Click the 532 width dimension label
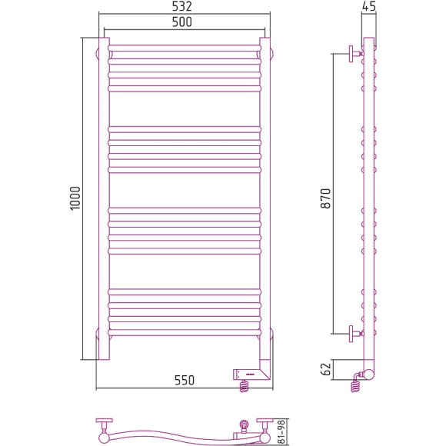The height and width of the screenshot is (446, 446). pyautogui.click(x=182, y=6)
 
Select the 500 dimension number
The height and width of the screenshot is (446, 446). pyautogui.click(x=182, y=22)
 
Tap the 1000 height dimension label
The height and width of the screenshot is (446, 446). pyautogui.click(x=75, y=198)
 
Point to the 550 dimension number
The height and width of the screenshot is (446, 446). pyautogui.click(x=185, y=381)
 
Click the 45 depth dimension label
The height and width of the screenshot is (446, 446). pyautogui.click(x=369, y=6)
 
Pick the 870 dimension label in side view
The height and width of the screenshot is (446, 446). pyautogui.click(x=326, y=198)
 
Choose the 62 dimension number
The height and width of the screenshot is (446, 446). pyautogui.click(x=326, y=369)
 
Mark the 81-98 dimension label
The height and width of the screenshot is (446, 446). pyautogui.click(x=281, y=432)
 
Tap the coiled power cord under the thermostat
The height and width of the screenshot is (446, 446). pyautogui.click(x=244, y=386)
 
